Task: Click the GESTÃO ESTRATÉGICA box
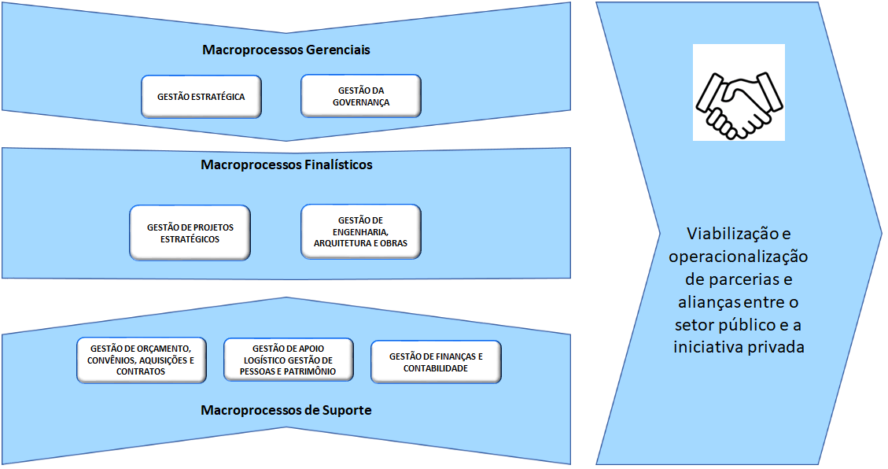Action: click(201, 97)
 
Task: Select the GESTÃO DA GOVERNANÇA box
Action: click(361, 97)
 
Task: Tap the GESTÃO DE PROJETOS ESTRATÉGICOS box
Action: click(190, 233)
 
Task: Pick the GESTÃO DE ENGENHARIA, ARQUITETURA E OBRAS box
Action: click(361, 231)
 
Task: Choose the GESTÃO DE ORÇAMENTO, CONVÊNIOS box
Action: click(142, 360)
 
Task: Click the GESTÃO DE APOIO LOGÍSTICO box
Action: click(288, 360)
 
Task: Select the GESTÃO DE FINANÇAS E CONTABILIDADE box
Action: click(435, 362)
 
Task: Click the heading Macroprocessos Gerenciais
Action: click(286, 50)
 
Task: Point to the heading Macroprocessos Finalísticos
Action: click(286, 165)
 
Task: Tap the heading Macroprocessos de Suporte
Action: click(286, 410)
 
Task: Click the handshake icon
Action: click(739, 93)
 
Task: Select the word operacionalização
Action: click(739, 257)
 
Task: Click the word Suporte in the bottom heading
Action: click(343, 410)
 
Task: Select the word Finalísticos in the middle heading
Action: click(335, 165)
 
